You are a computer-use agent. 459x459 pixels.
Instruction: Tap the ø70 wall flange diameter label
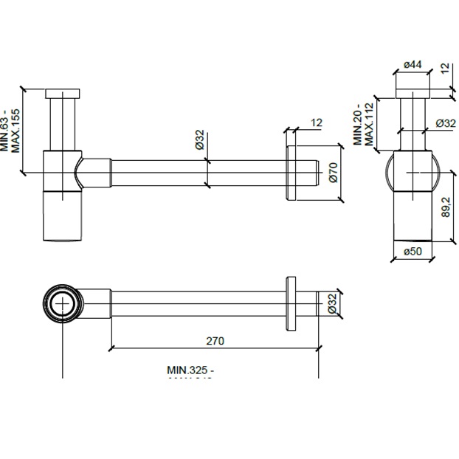click(333, 171)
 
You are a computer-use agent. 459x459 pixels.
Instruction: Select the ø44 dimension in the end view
click(413, 65)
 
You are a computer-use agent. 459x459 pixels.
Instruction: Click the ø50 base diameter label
click(413, 252)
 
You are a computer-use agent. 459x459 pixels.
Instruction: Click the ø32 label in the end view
click(445, 123)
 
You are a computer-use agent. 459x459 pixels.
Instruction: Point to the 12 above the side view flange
click(317, 122)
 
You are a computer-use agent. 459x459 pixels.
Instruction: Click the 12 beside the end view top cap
click(444, 69)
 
